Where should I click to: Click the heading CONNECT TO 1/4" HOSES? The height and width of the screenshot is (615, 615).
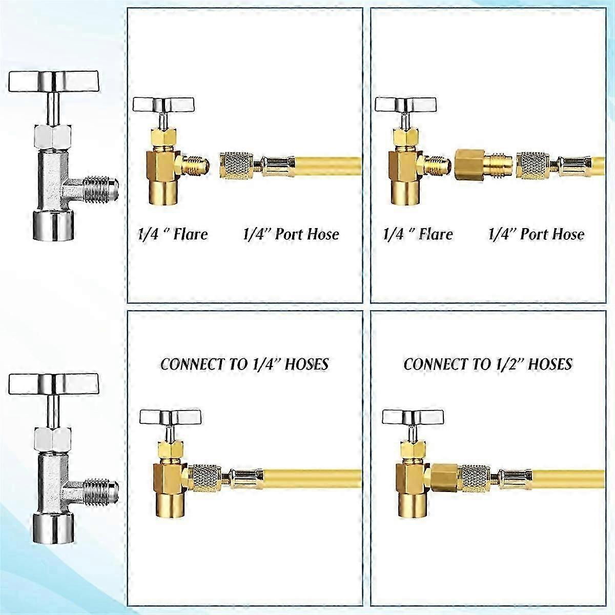[x=244, y=364]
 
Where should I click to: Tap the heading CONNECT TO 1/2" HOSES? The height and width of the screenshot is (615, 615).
[x=488, y=364]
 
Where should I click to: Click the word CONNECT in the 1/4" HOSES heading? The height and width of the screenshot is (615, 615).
[x=191, y=364]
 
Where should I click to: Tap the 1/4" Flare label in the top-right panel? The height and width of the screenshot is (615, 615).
[x=418, y=234]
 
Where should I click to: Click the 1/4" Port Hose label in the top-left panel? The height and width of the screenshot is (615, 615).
[x=291, y=234]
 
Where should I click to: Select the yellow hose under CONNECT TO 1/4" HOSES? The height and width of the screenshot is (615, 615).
[x=313, y=477]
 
